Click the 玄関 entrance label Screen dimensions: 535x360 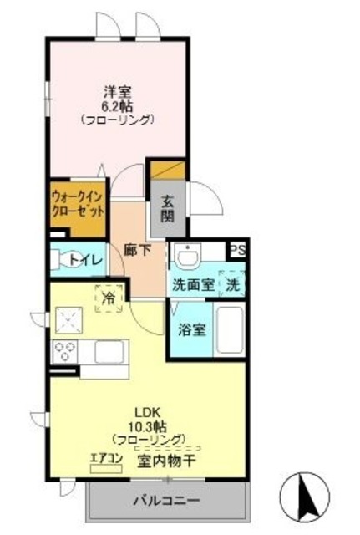pos(168,209)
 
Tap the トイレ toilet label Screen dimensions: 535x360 pos(85,260)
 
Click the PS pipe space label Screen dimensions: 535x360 pos(237,249)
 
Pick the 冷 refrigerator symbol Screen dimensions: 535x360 pos(109,296)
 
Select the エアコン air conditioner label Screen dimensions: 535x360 pos(106,457)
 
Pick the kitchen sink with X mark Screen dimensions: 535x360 pos(68,318)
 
